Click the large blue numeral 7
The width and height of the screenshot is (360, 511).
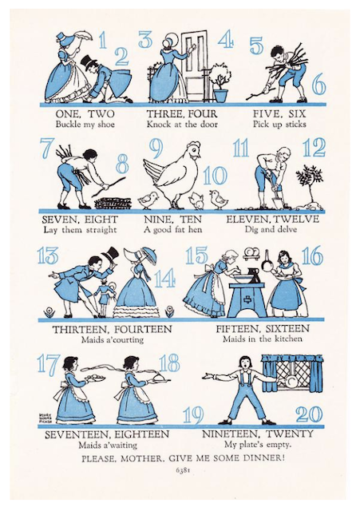(x=46, y=148)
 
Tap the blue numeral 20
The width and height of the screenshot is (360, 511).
(x=309, y=414)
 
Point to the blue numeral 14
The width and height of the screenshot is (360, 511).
(x=165, y=279)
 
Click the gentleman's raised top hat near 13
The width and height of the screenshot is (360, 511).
(x=109, y=255)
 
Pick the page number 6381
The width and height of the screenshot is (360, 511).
(x=183, y=470)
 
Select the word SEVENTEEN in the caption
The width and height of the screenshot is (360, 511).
(x=77, y=434)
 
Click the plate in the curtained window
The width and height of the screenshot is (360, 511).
(x=291, y=382)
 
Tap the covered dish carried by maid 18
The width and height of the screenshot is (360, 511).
(x=159, y=378)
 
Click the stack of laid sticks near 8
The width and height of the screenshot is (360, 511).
(x=113, y=203)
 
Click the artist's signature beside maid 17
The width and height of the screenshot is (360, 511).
(x=44, y=418)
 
